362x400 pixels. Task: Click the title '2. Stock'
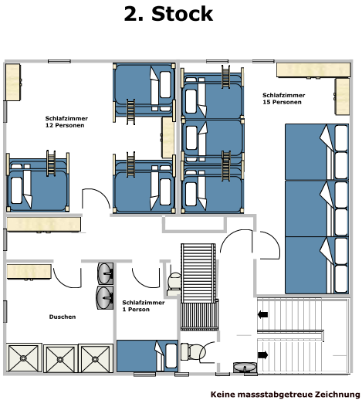[x=168, y=14]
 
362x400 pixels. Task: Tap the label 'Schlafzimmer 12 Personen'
[x=66, y=122]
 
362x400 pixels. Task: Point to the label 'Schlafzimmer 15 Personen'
[x=283, y=99]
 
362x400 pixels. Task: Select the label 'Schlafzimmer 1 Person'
[x=144, y=306]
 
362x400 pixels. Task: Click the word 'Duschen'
[x=63, y=317]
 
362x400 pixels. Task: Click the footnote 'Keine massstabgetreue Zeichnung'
[x=286, y=394]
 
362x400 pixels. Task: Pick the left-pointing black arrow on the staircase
[x=262, y=314]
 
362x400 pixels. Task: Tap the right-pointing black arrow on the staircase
[x=262, y=355]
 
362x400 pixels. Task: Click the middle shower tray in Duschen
[x=60, y=359]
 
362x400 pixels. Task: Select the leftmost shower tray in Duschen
[x=24, y=358]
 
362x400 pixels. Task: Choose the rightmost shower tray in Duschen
[x=96, y=358]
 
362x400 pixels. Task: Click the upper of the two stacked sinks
[x=105, y=273]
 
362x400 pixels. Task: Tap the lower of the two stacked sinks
[x=105, y=297]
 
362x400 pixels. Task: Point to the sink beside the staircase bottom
[x=245, y=368]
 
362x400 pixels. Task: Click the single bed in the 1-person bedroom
[x=147, y=356]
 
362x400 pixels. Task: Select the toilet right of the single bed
[x=193, y=352]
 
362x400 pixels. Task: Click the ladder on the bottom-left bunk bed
[x=51, y=163]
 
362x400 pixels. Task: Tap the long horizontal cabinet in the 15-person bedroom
[x=313, y=70]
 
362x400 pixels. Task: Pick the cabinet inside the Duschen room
[x=29, y=272]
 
